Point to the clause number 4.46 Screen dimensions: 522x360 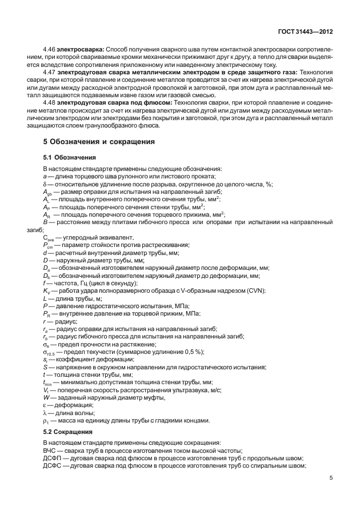pyautogui.click(x=50, y=50)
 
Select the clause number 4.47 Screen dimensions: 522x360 pyautogui.click(x=50, y=73)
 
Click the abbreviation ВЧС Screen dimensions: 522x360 pyautogui.click(x=50, y=451)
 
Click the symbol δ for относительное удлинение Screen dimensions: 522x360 pyautogui.click(x=45, y=184)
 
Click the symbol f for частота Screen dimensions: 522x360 pyautogui.click(x=45, y=283)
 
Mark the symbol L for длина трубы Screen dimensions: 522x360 pyautogui.click(x=45, y=298)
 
